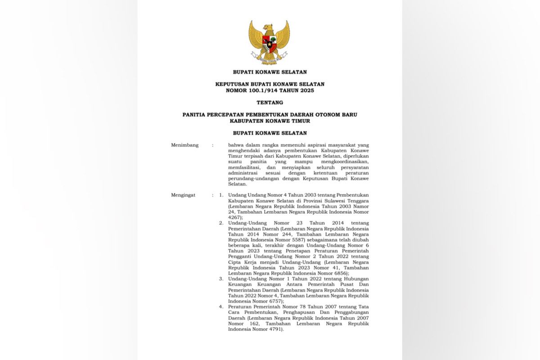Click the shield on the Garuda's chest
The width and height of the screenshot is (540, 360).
click(269, 45)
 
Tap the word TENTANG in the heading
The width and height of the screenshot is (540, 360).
click(270, 103)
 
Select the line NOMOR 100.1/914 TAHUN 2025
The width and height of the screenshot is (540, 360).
click(270, 90)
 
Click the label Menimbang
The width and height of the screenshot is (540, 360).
click(184, 145)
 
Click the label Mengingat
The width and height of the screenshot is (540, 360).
click(183, 195)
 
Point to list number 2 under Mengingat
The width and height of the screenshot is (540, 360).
click(221, 223)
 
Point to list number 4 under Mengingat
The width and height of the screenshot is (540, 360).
click(221, 307)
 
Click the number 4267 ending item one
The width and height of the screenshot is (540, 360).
click(235, 217)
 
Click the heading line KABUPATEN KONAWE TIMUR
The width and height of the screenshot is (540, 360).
click(270, 121)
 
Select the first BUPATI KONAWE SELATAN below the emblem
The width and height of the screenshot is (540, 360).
click(270, 72)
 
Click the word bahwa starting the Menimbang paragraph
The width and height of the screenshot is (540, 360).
click(236, 145)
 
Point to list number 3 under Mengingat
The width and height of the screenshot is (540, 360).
click(221, 279)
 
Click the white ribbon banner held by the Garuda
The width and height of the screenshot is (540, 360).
click(269, 58)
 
